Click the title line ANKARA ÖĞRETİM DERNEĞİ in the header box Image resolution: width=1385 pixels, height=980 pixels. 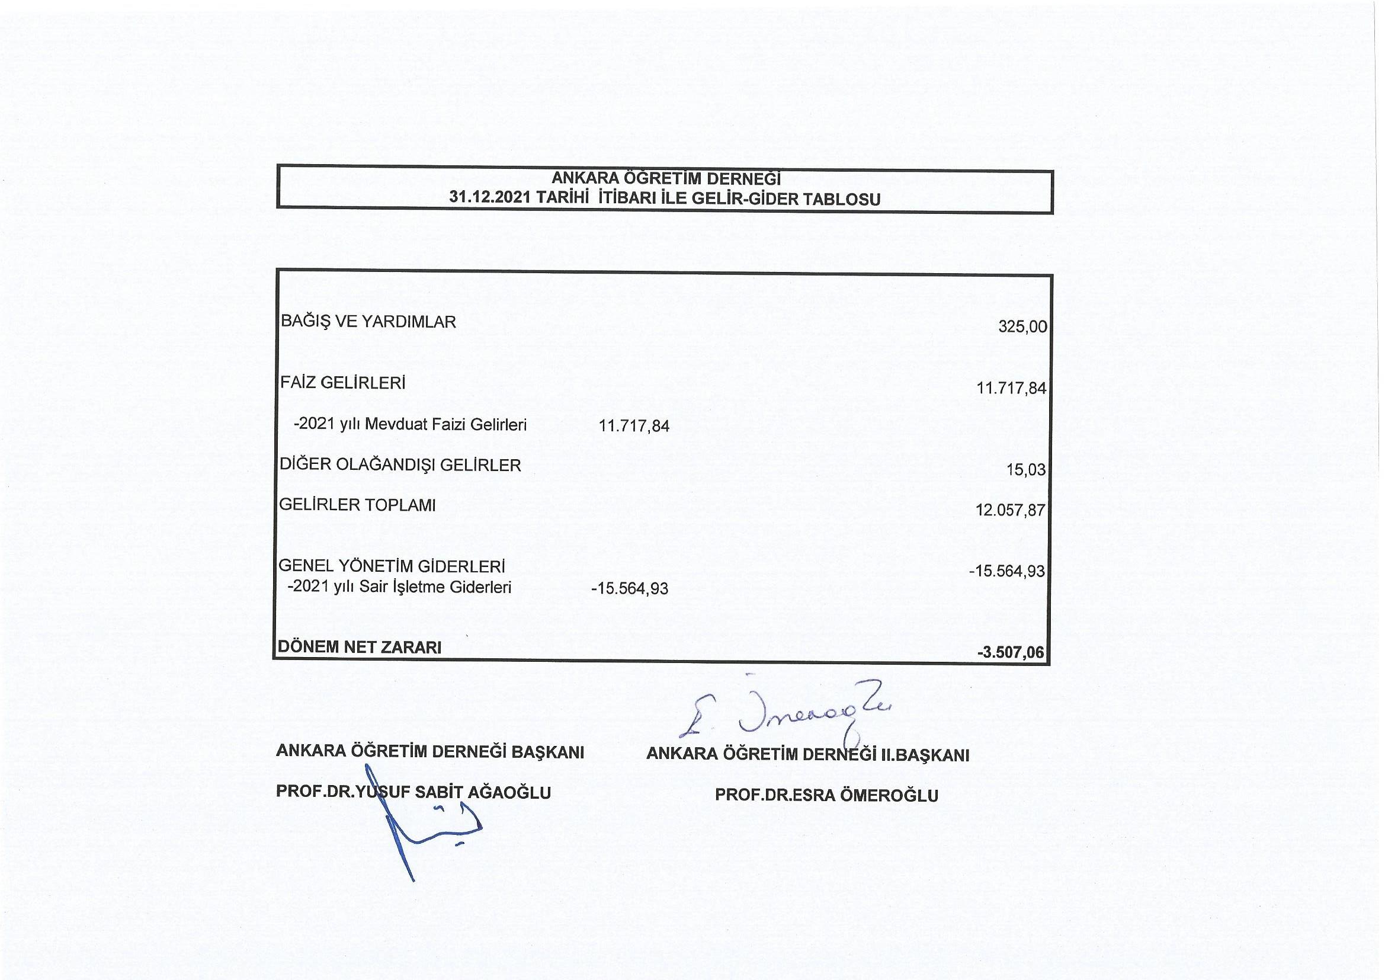pyautogui.click(x=665, y=178)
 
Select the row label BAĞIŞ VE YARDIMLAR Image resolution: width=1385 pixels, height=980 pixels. pyautogui.click(x=368, y=322)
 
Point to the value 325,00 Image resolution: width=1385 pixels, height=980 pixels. pyautogui.click(x=1022, y=327)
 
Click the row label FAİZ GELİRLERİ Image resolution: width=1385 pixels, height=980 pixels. pyautogui.click(x=342, y=383)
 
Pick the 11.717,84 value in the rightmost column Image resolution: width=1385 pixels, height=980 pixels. pyautogui.click(x=1011, y=388)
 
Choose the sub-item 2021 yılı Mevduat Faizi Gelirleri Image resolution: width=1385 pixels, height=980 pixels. pyautogui.click(x=410, y=425)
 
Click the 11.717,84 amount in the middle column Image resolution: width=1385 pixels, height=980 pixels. pyautogui.click(x=633, y=426)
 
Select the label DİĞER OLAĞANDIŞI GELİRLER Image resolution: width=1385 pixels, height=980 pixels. pyautogui.click(x=400, y=465)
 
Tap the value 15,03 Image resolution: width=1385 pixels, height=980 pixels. pyautogui.click(x=1025, y=470)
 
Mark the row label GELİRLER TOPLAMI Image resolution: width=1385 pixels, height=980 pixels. pyautogui.click(x=357, y=505)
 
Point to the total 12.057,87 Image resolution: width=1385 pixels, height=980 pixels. pyautogui.click(x=1010, y=511)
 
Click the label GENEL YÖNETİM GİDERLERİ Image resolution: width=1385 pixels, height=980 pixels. pyautogui.click(x=392, y=566)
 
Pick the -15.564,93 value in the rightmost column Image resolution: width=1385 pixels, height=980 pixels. pyautogui.click(x=1007, y=571)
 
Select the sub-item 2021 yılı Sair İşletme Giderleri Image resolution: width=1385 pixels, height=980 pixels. pyautogui.click(x=400, y=587)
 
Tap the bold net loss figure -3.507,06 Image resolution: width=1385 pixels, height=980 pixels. pyautogui.click(x=1011, y=653)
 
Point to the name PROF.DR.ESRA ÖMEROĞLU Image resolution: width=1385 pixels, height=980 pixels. pyautogui.click(x=826, y=795)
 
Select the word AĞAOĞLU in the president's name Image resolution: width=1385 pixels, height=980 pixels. pyautogui.click(x=509, y=792)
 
